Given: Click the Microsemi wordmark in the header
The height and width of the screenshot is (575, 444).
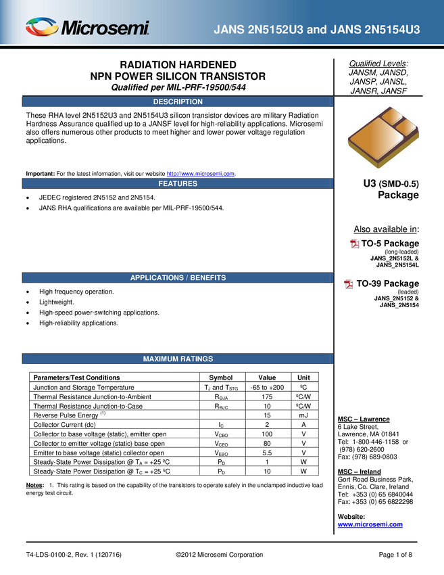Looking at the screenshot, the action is click(x=105, y=28).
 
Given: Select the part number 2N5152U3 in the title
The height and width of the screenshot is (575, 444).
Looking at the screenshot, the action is click(x=276, y=30).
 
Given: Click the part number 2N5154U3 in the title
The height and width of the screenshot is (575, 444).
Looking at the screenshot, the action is click(x=391, y=30).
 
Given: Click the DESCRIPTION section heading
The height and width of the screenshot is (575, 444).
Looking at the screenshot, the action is click(x=178, y=102).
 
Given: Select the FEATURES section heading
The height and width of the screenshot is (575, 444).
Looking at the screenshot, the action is click(x=178, y=183).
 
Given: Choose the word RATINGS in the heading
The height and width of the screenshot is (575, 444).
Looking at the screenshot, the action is click(x=195, y=359).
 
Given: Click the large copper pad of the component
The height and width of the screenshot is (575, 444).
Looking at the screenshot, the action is click(x=373, y=140).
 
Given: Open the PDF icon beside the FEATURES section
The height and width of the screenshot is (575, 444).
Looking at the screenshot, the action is click(x=355, y=244).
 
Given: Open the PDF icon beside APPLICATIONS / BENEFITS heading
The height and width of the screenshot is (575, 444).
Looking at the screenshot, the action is click(x=349, y=284).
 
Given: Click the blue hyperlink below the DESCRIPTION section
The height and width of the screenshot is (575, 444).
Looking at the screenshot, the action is click(x=201, y=174).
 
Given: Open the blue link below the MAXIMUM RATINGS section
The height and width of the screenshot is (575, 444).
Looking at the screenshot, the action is click(x=370, y=524).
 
